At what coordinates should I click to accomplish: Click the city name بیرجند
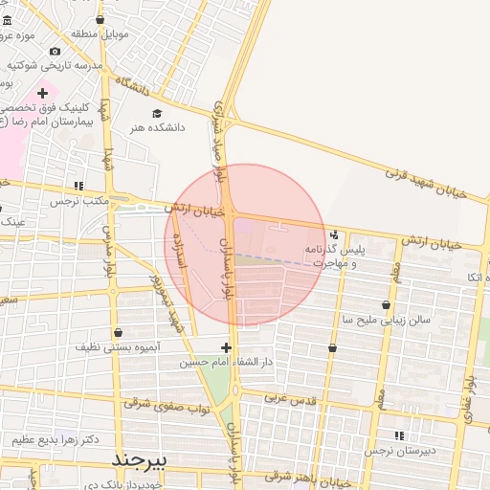click(x=140, y=460)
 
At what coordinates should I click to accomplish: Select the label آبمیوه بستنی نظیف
click(x=120, y=349)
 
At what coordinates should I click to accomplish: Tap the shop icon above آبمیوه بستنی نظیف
click(x=118, y=333)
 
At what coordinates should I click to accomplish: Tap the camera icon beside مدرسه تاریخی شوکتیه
click(x=55, y=51)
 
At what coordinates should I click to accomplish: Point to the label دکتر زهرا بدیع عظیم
click(x=56, y=439)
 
